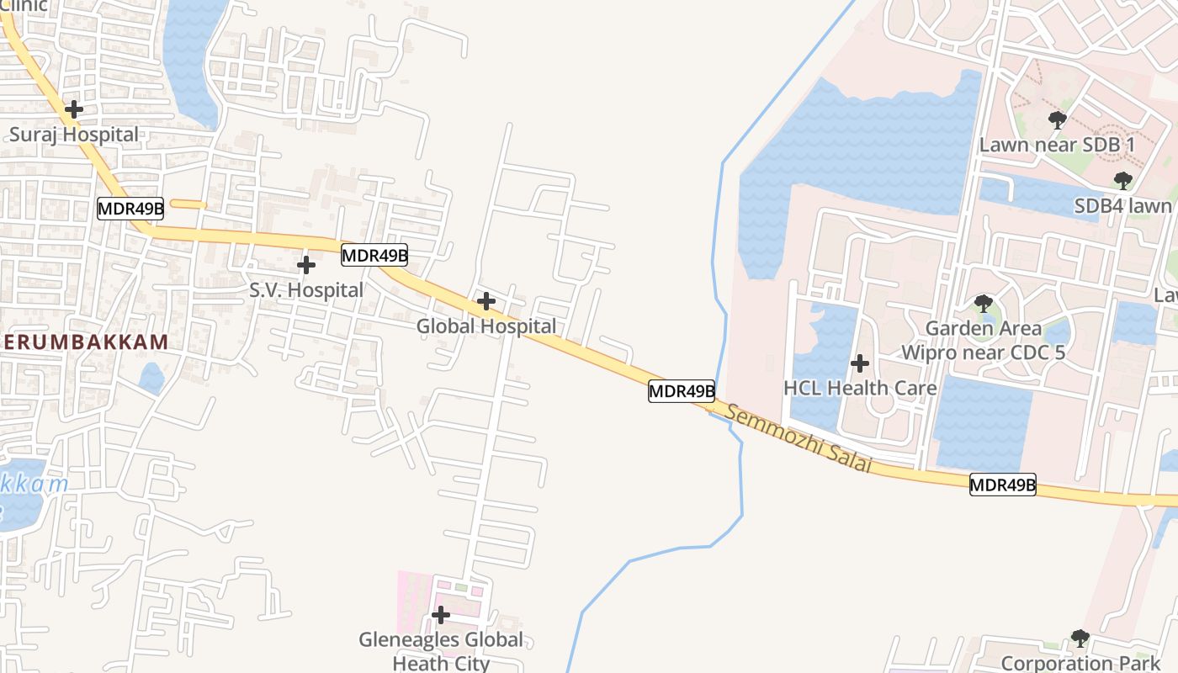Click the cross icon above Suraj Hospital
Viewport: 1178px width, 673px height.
tap(74, 109)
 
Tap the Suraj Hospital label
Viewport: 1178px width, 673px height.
tap(74, 135)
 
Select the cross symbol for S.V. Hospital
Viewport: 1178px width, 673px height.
tap(306, 265)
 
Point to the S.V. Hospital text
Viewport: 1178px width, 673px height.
tap(306, 290)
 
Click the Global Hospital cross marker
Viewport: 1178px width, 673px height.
tap(486, 300)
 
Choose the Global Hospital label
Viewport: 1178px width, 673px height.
tap(486, 326)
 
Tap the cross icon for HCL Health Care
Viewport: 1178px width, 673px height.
tap(859, 363)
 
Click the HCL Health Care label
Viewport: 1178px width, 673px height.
tap(860, 388)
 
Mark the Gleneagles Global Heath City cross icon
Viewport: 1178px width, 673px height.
tap(440, 615)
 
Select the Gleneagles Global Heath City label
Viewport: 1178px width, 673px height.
tap(441, 651)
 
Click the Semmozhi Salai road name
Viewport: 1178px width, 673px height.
tap(799, 437)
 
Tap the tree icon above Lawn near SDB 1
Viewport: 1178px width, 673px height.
tap(1058, 120)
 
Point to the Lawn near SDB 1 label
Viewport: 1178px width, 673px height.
tap(1058, 145)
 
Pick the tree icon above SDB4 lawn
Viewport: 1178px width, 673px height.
tap(1122, 181)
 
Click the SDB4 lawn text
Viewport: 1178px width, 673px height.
tap(1122, 206)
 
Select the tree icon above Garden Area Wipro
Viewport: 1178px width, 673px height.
tap(983, 304)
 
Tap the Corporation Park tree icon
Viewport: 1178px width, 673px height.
tap(1080, 639)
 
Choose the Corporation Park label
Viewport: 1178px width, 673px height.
tap(1080, 663)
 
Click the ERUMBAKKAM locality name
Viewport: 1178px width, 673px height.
tap(84, 342)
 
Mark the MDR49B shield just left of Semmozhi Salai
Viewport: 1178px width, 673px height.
tap(682, 391)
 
